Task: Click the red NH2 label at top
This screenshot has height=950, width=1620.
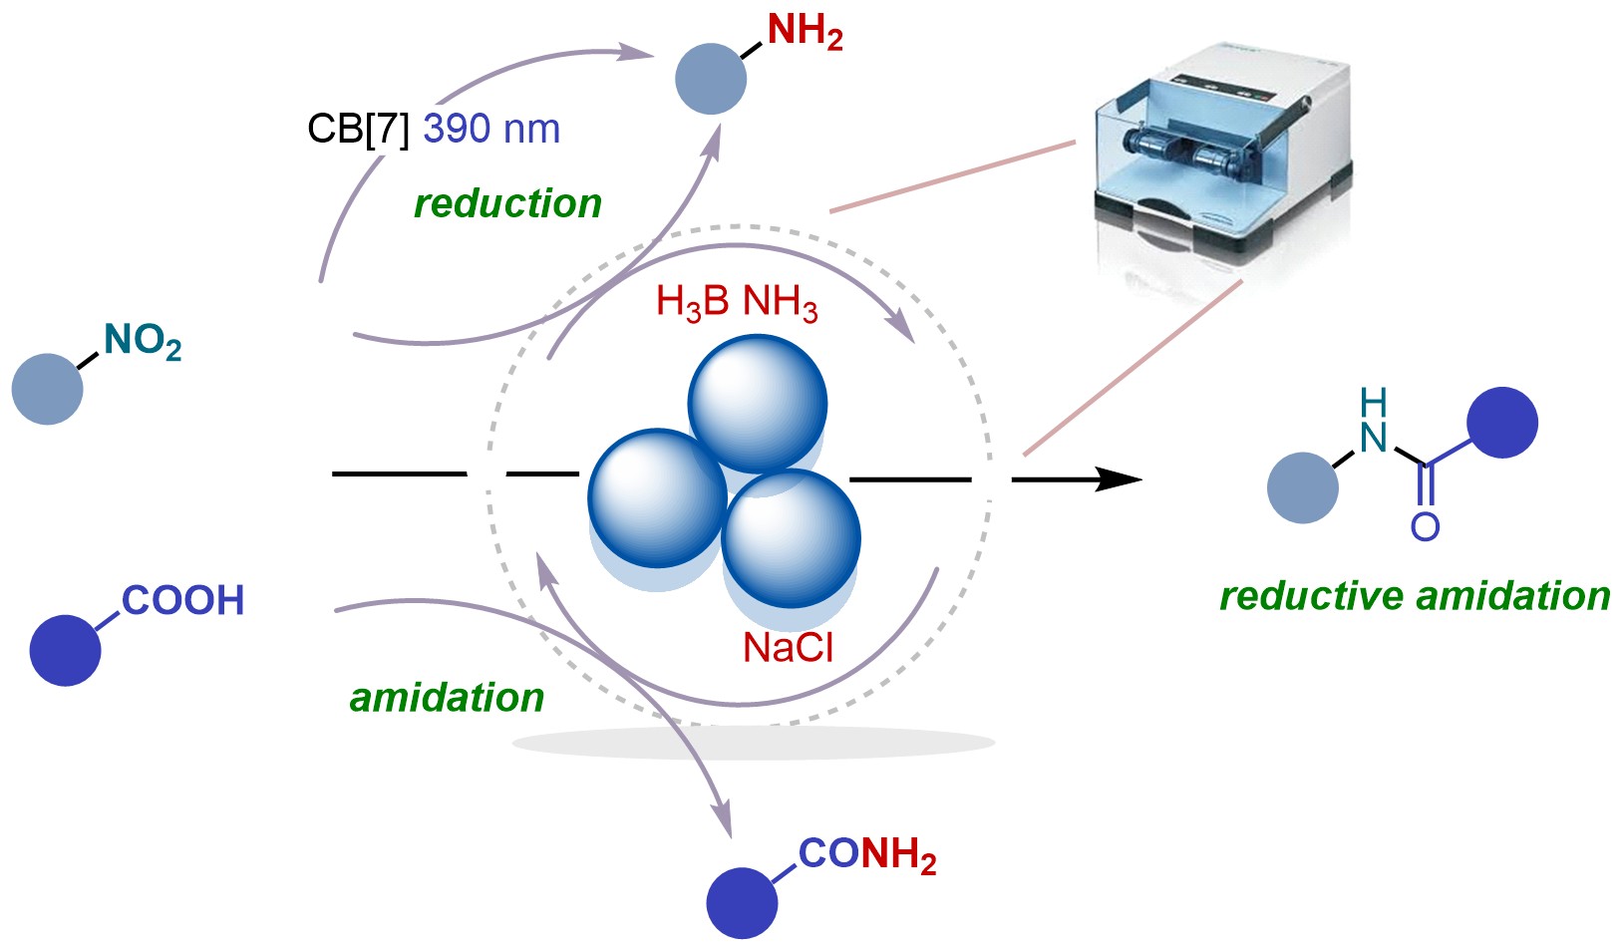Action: tap(805, 32)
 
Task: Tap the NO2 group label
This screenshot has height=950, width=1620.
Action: tap(142, 342)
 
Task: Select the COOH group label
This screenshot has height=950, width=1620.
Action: tap(182, 600)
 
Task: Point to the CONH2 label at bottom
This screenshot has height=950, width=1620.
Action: tap(866, 855)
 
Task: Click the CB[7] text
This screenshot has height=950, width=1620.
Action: tap(358, 130)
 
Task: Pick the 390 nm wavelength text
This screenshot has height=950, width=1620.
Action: tap(491, 130)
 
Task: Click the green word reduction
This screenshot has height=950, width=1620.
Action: tap(507, 203)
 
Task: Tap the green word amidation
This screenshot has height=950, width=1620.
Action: tap(447, 698)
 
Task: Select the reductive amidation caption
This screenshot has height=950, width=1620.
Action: tap(1415, 596)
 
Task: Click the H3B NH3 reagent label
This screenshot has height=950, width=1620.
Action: tap(737, 302)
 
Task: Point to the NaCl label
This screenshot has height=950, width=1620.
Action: tap(788, 648)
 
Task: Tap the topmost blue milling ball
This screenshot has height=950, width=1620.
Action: tap(758, 403)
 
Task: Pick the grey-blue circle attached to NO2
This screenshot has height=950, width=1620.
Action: tap(47, 389)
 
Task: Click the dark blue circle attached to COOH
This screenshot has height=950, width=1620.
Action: tap(66, 650)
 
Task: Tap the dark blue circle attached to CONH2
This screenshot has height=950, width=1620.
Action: tap(742, 902)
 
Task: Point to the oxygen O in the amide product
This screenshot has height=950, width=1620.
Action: tap(1425, 526)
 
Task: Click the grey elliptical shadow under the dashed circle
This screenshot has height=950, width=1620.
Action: tap(754, 743)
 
